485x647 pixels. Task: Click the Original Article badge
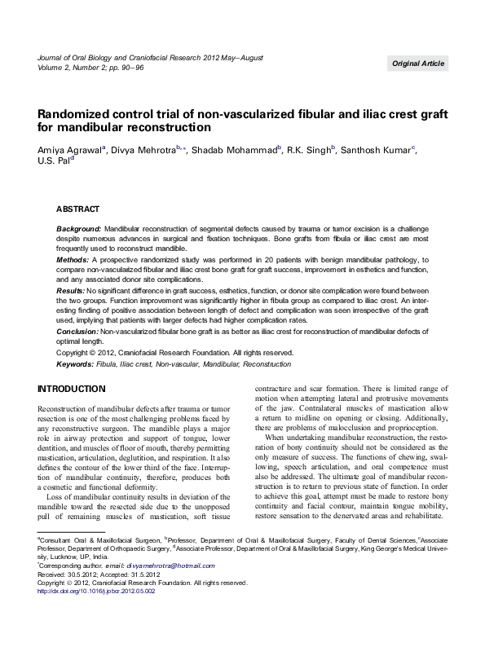click(x=418, y=64)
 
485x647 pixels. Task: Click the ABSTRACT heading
click(x=77, y=209)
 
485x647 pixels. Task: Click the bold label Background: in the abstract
click(x=78, y=231)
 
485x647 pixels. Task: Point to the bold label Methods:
click(x=73, y=259)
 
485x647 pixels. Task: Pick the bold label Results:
click(x=71, y=290)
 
